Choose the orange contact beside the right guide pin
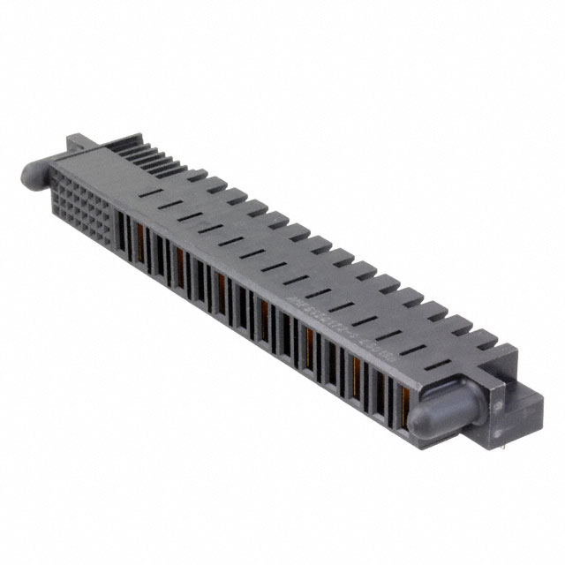(x=407, y=388)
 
